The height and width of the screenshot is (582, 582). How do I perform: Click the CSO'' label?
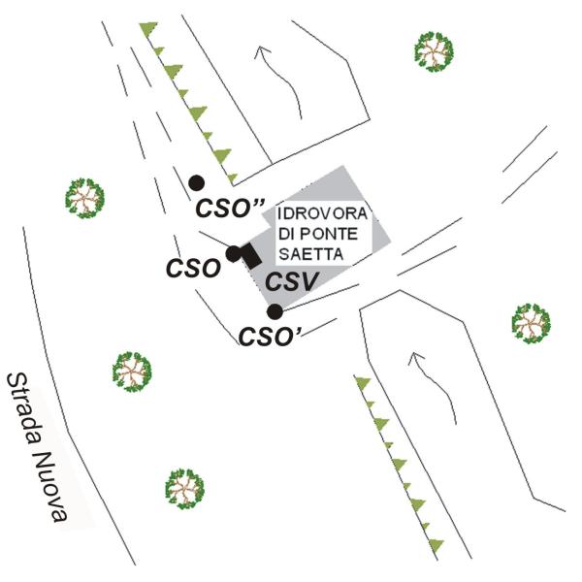(232, 208)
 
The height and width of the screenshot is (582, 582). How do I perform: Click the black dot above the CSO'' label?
(196, 181)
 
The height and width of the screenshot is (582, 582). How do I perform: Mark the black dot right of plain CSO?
(233, 254)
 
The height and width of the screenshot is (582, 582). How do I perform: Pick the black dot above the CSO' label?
(275, 311)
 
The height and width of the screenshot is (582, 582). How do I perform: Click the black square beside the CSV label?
(249, 257)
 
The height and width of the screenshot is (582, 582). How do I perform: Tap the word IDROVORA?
(317, 213)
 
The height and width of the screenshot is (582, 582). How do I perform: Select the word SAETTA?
(306, 254)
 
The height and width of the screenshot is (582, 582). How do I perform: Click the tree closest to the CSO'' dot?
(85, 198)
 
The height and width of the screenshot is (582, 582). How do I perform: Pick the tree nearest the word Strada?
(132, 371)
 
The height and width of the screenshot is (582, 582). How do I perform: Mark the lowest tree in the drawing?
(183, 488)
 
